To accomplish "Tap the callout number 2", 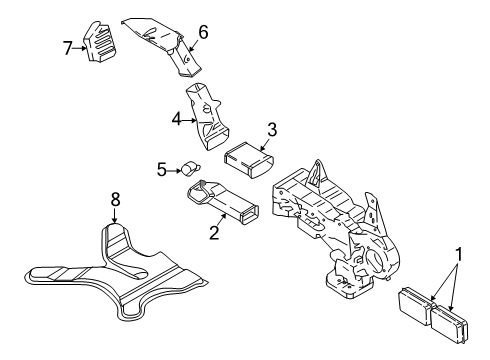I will tap(212, 233).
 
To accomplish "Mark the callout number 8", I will tap(115, 199).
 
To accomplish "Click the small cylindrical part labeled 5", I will tap(187, 169).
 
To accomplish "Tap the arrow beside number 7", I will tap(81, 47).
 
